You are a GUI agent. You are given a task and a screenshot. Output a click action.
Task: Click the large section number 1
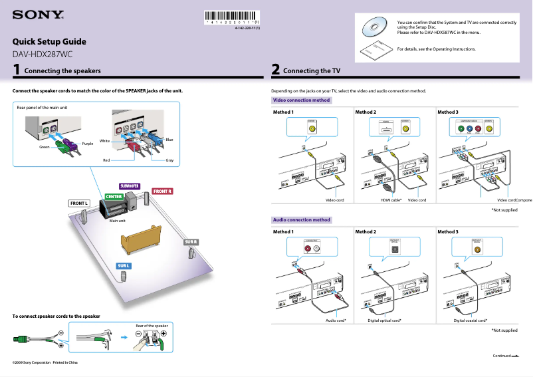17,69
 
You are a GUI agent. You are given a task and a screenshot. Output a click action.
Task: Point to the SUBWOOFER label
129,186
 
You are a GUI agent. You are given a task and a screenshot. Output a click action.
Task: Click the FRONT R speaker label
163,191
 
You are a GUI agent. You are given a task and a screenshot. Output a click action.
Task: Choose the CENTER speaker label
114,197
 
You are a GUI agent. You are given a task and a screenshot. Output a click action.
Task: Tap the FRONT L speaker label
79,203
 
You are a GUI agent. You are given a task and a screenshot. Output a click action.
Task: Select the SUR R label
191,241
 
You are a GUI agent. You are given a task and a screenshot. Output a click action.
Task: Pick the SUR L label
124,266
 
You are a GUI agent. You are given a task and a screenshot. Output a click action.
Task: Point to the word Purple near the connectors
88,144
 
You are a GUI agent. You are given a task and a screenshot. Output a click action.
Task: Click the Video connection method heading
301,100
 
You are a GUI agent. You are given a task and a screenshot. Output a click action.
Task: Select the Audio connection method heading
301,219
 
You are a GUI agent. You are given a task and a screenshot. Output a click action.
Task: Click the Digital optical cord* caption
384,320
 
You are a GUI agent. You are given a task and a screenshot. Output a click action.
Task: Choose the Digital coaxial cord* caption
471,320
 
